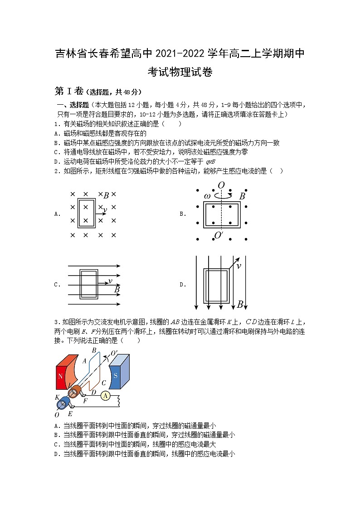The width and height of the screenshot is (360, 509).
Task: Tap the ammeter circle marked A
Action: tap(105, 396)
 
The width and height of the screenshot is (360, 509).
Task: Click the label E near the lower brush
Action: tap(70, 414)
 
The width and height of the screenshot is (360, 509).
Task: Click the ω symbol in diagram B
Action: tap(207, 196)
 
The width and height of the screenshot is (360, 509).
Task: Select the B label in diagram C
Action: tap(117, 289)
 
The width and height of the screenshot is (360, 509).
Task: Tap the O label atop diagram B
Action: tap(221, 185)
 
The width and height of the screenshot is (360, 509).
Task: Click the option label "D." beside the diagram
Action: tap(183, 285)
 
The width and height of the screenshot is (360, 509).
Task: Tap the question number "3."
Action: tap(57, 322)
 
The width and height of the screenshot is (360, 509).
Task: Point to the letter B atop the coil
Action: tap(94, 350)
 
